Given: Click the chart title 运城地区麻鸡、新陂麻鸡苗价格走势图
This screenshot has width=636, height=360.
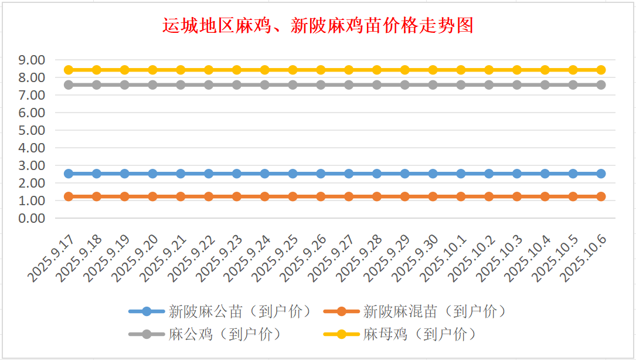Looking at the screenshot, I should coord(318,26).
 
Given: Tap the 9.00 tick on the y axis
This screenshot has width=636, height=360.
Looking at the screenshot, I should coord(32,60).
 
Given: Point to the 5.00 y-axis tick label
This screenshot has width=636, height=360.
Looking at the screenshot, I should coord(32,130).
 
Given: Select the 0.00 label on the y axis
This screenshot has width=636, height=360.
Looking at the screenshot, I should coord(32,218).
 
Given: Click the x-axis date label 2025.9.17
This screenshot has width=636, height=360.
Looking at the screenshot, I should coord(50,258).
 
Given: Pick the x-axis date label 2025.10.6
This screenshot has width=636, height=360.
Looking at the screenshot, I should coord(583,258).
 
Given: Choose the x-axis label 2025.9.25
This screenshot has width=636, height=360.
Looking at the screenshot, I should coord(275,258).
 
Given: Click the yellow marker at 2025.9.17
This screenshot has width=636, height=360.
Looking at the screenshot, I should coord(69,70).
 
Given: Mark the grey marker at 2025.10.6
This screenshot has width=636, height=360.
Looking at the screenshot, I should coord(601,85).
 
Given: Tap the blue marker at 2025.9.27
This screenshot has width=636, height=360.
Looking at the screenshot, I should coord(349,174).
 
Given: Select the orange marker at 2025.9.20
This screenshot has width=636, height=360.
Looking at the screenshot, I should coord(152,196).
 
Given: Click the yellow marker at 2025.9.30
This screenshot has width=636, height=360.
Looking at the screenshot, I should coord(433,70).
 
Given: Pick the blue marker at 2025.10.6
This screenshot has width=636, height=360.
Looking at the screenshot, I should coord(601,174).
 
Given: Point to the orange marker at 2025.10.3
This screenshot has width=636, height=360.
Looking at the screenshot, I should coord(517,196).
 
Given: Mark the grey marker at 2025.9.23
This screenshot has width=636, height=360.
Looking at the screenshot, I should coord(237,85).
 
